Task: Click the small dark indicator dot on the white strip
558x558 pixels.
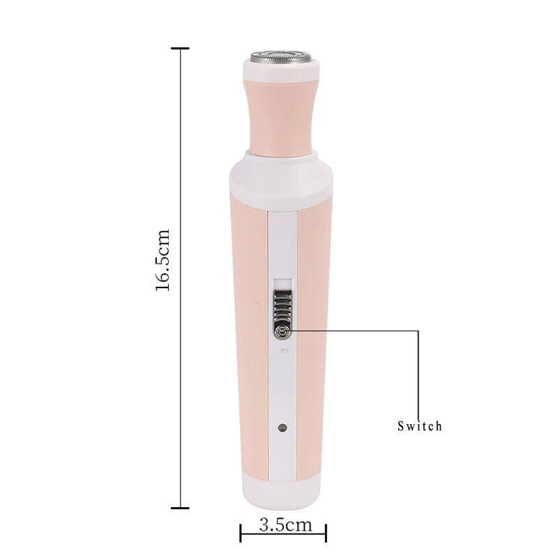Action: coord(282,426)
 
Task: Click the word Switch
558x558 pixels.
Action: coord(419,425)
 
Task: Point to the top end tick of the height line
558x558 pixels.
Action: coord(181,48)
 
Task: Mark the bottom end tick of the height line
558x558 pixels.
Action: coord(181,508)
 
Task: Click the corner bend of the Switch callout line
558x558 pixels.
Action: coord(418,329)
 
